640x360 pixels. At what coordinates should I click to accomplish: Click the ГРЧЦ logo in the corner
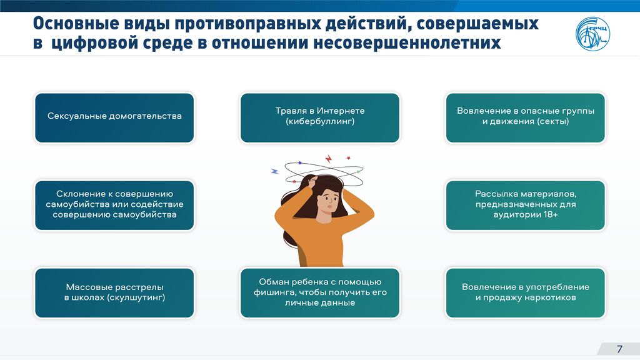click(x=592, y=34)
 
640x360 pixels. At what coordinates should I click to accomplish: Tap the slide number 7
click(x=619, y=349)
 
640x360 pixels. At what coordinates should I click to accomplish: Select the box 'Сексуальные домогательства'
click(x=114, y=118)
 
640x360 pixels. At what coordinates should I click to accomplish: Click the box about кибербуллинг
click(x=320, y=118)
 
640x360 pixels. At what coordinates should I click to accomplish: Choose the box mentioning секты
click(x=525, y=118)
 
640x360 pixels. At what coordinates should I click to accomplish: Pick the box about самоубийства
click(x=114, y=205)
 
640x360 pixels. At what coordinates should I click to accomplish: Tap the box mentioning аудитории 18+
click(x=525, y=205)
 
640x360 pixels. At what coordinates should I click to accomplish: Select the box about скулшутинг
click(x=114, y=292)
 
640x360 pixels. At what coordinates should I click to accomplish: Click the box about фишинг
click(x=320, y=292)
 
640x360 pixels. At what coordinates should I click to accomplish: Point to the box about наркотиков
click(x=525, y=292)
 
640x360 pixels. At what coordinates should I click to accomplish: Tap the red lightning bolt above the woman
click(x=328, y=159)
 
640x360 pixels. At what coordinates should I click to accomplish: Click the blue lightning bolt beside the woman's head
click(x=275, y=171)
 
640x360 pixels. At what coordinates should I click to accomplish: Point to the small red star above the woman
click(x=349, y=157)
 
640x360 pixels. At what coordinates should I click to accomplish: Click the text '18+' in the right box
click(x=551, y=214)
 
